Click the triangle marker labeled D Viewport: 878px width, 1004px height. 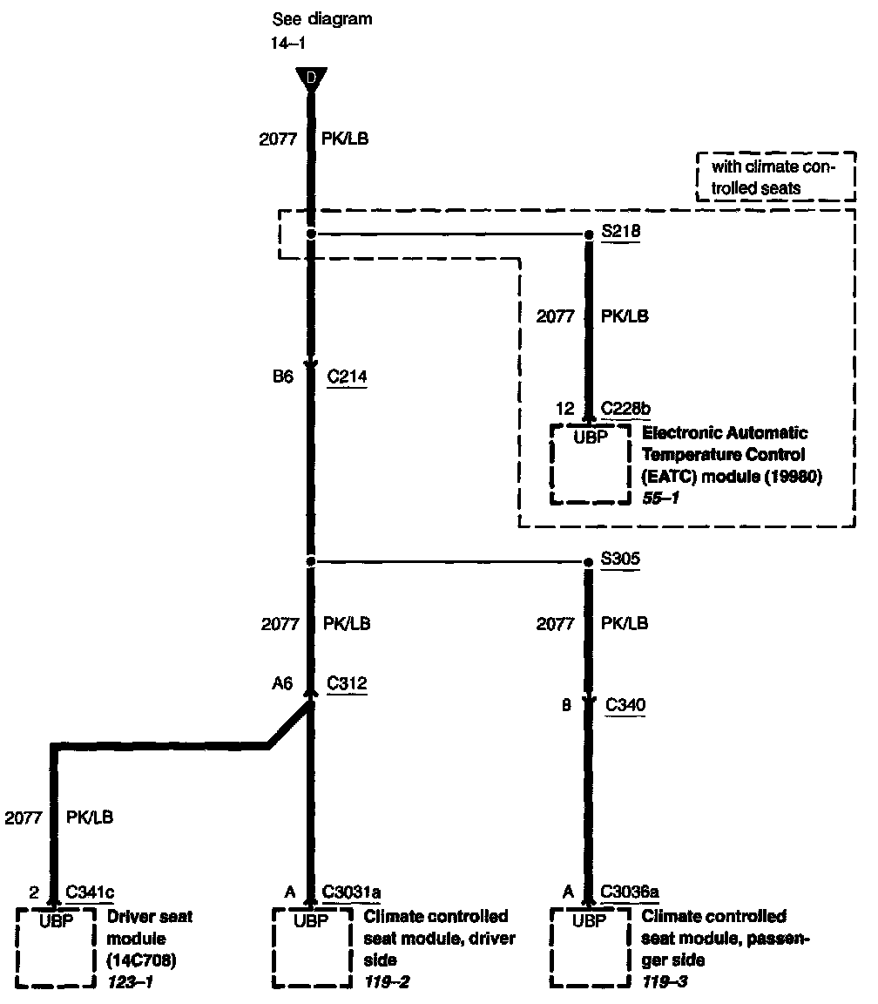tap(310, 79)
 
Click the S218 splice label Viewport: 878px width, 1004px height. tap(620, 234)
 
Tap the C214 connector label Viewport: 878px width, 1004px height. tap(347, 376)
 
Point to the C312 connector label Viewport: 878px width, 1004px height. tap(347, 684)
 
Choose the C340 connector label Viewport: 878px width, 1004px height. tap(625, 705)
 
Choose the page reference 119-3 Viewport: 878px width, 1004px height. tap(663, 981)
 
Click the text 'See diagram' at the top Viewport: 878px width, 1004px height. tap(322, 19)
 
